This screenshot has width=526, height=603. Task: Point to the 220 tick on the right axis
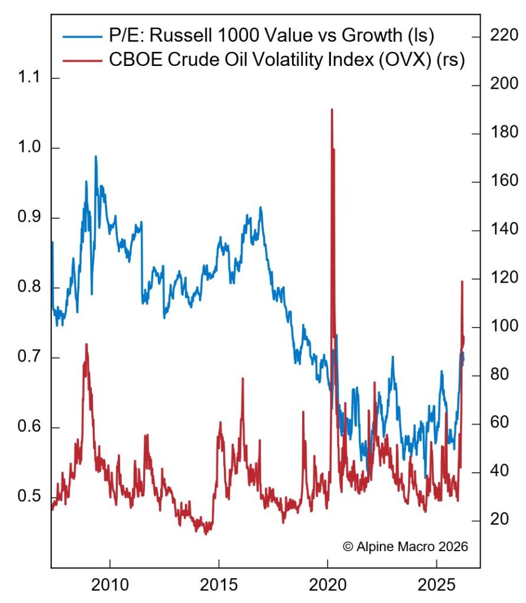(x=501, y=37)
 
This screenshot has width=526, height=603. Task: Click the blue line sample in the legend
(x=80, y=37)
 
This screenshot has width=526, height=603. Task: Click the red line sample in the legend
(x=80, y=60)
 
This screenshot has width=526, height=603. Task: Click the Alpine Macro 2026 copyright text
(x=405, y=546)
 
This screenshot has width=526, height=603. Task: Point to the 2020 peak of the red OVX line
(x=332, y=110)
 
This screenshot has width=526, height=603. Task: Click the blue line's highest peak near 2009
(x=95, y=157)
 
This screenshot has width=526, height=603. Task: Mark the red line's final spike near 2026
(x=462, y=282)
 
